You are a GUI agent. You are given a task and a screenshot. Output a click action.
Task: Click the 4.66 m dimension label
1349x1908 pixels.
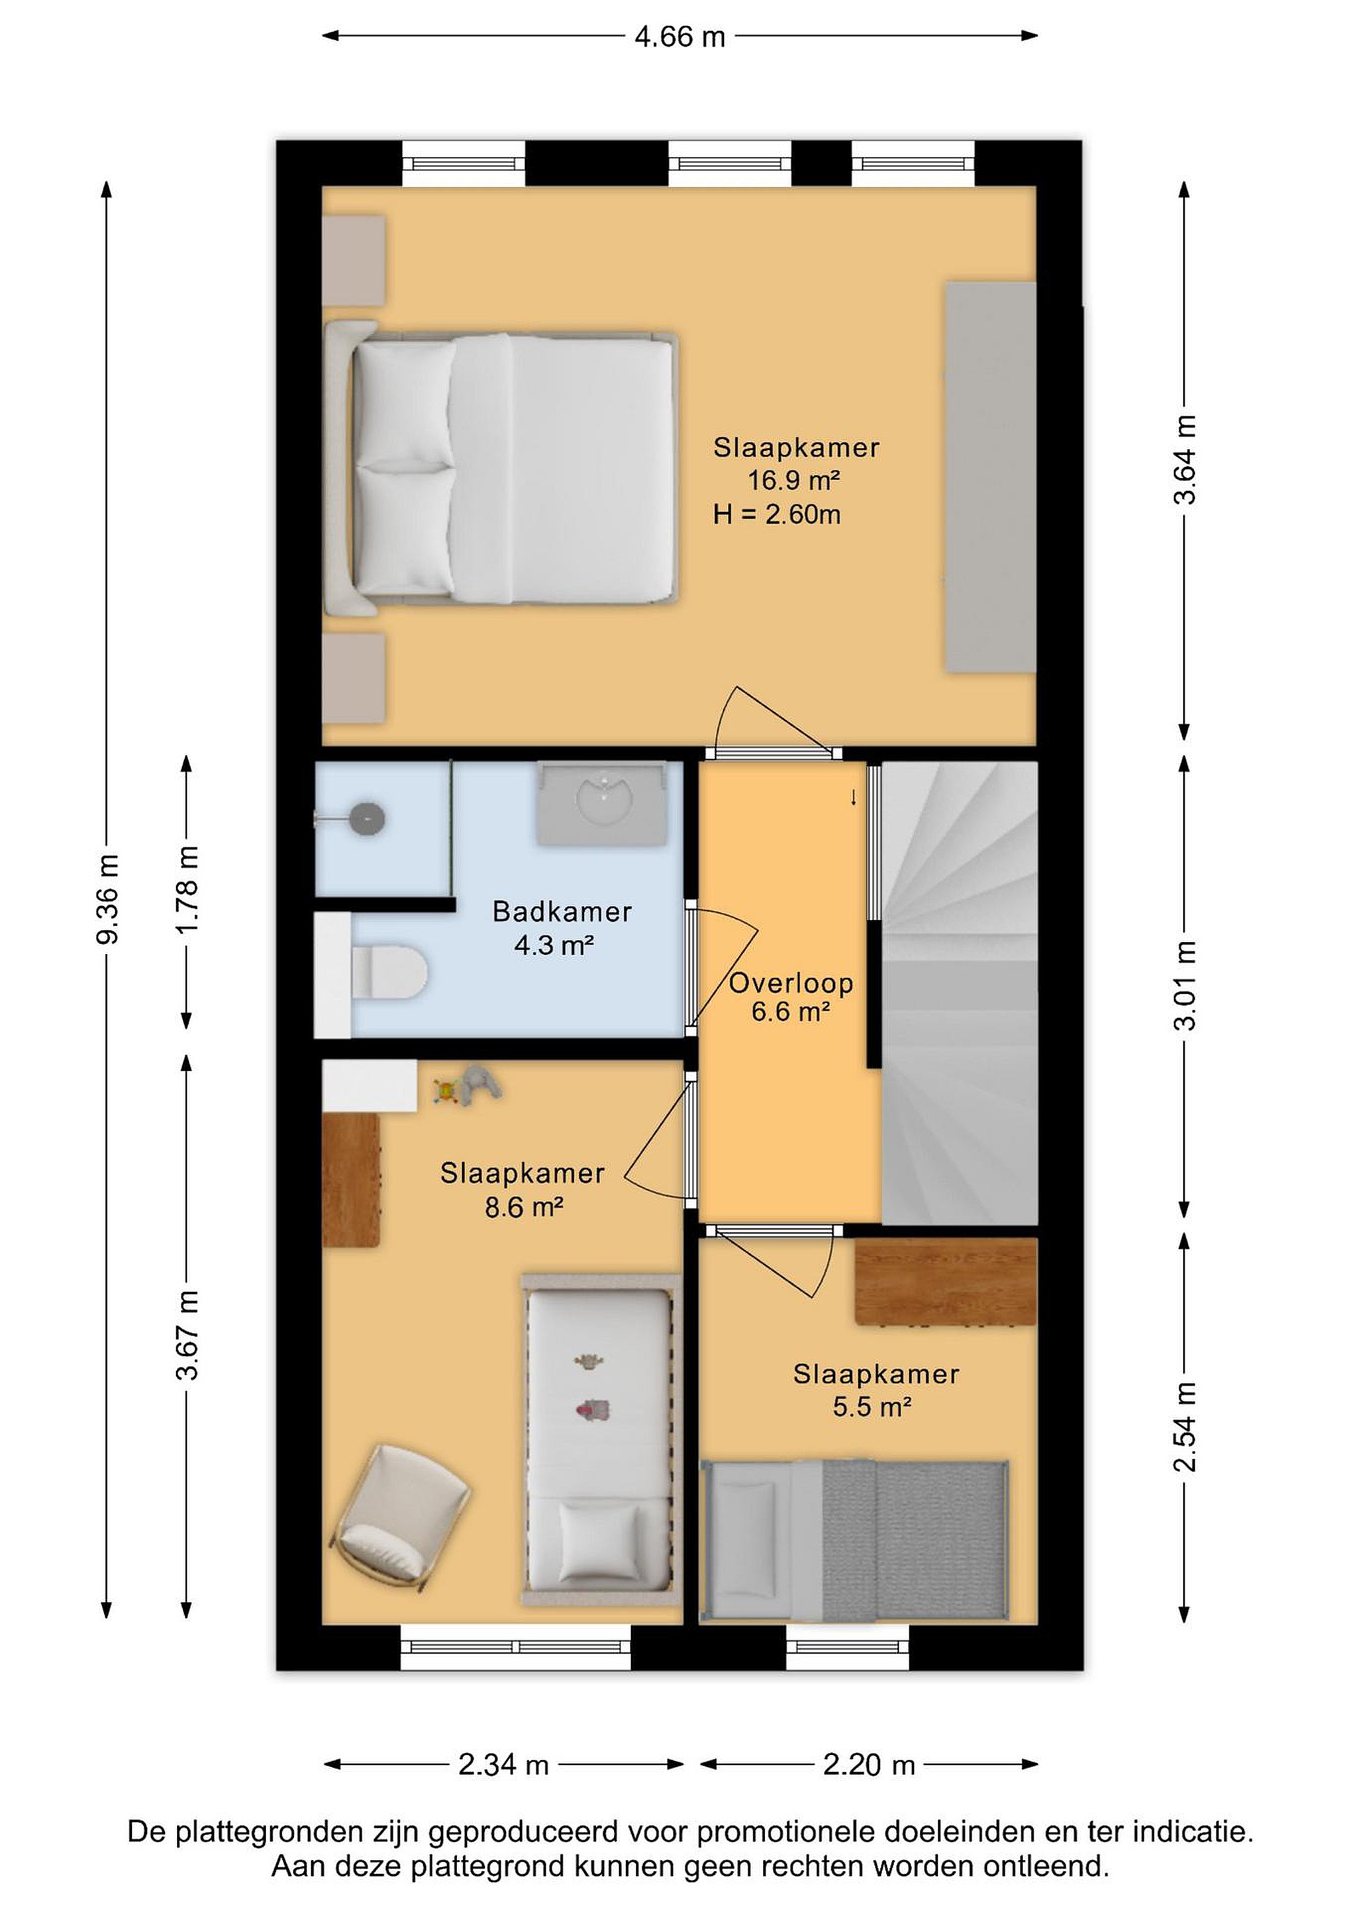point(679,37)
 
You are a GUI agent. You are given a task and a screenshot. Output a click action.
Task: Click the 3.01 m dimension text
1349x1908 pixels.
point(1185,986)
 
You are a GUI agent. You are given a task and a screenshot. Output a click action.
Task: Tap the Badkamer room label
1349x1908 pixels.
point(562,912)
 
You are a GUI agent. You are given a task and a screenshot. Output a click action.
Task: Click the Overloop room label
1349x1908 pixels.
point(791,983)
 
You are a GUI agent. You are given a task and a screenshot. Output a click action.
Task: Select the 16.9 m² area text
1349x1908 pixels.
point(794,480)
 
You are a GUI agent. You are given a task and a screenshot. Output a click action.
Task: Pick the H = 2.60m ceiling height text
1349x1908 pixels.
point(777,514)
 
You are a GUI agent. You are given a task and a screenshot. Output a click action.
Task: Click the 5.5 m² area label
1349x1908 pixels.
point(872,1407)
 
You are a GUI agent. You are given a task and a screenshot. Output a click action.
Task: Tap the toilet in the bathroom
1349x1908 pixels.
point(389,973)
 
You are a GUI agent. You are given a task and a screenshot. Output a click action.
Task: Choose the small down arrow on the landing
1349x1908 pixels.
point(853,797)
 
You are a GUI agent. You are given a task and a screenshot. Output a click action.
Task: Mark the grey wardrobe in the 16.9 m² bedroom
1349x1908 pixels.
point(991,477)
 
